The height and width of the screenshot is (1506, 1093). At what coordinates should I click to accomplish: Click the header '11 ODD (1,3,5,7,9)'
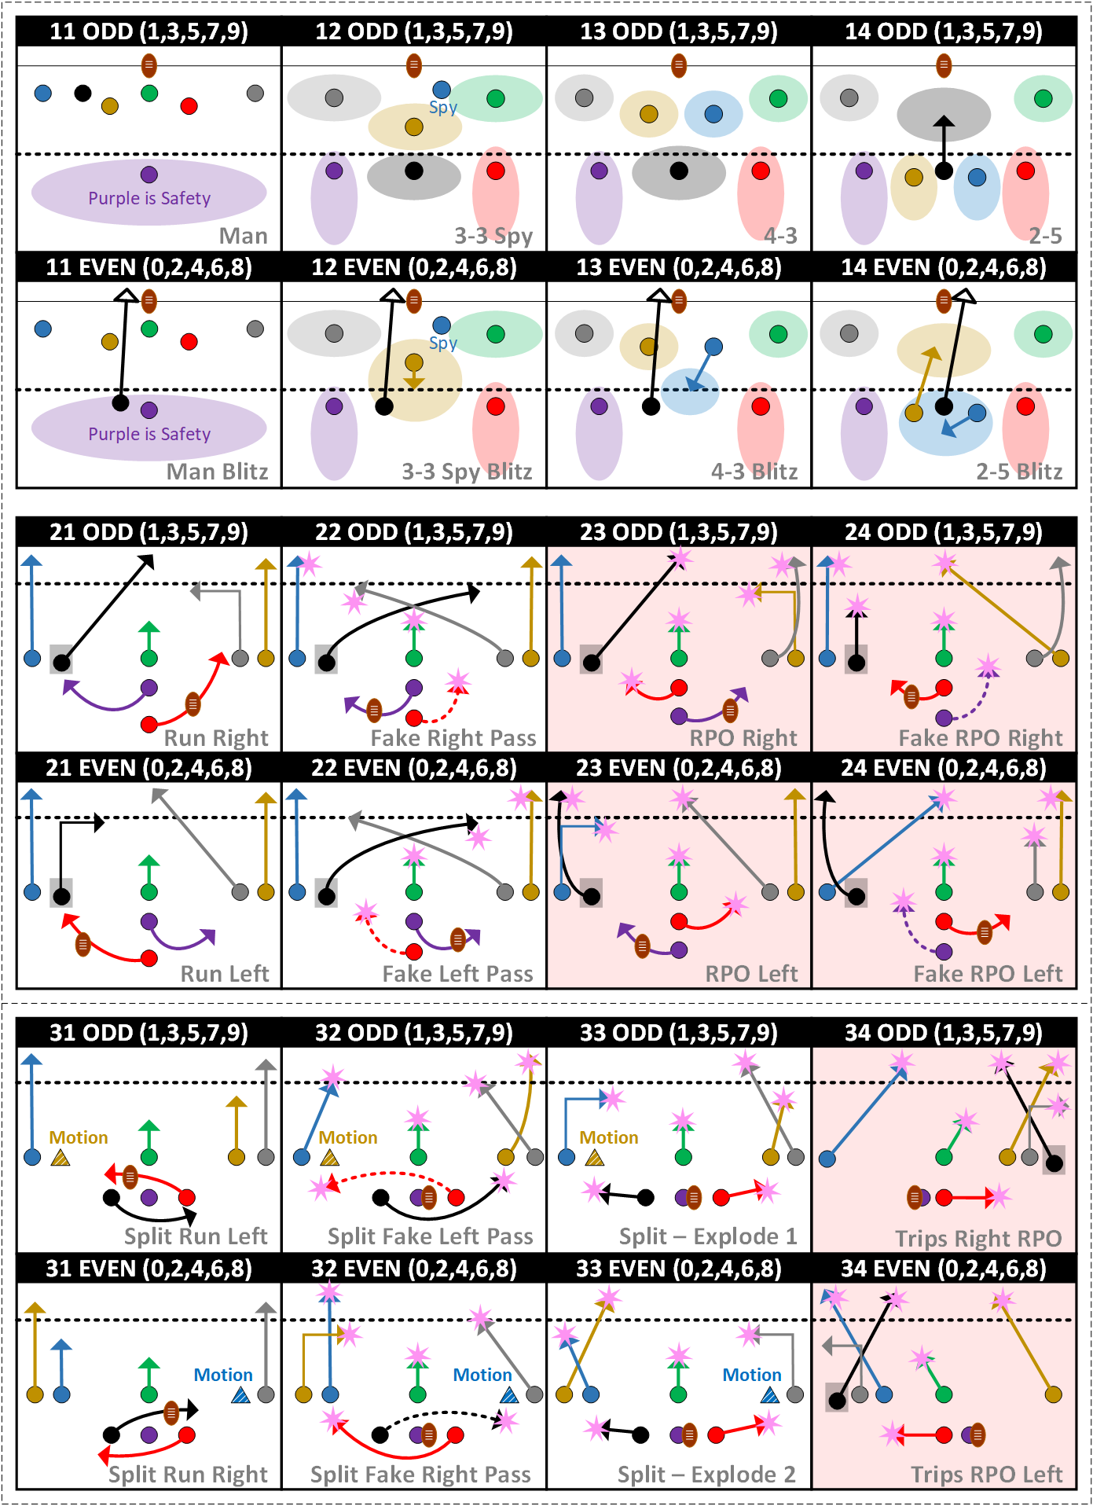(x=149, y=31)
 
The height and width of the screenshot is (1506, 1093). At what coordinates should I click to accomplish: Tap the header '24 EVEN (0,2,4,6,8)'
(x=944, y=768)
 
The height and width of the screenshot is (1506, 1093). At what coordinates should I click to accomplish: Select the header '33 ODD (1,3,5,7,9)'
(x=679, y=1033)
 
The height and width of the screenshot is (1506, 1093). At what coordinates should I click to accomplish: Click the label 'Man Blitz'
(x=217, y=472)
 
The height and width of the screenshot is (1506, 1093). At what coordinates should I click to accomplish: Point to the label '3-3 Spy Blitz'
(x=467, y=472)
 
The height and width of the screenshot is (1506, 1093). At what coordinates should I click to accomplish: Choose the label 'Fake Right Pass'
(x=453, y=738)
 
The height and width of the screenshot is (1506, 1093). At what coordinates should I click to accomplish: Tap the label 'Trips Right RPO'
(x=978, y=1239)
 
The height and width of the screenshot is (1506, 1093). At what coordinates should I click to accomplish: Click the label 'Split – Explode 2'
(x=706, y=1475)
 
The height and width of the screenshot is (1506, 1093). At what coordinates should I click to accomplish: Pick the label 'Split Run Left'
(x=196, y=1236)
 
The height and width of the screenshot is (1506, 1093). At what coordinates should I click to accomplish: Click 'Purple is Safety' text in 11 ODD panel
(x=149, y=198)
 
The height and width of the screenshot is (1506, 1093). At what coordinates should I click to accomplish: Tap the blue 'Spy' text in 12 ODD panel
(x=443, y=108)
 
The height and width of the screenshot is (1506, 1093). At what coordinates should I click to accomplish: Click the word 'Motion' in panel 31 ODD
(x=79, y=1137)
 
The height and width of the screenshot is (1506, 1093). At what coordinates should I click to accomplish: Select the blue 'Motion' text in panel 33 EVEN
(x=752, y=1375)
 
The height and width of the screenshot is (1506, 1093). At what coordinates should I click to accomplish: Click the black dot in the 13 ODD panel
(x=679, y=171)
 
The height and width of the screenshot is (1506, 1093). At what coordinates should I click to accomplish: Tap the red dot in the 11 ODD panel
(x=189, y=106)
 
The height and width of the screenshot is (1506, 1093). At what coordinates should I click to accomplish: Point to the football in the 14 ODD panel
(x=944, y=65)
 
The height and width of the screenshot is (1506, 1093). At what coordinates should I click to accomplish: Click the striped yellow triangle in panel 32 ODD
(x=330, y=1157)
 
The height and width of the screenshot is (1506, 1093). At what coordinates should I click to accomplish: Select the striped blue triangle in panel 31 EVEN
(x=241, y=1395)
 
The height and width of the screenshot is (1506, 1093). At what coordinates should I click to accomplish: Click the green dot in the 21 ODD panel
(x=149, y=658)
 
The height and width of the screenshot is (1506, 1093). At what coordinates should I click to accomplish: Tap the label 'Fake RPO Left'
(x=988, y=974)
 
